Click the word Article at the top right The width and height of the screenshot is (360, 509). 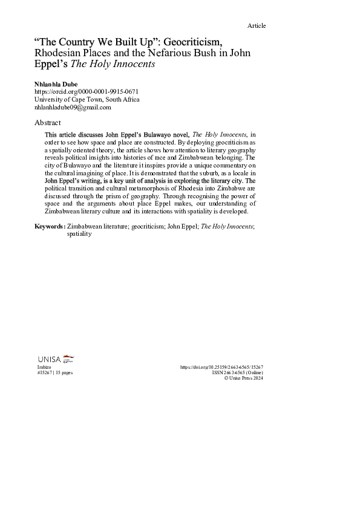point(257,25)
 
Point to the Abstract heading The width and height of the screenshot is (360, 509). point(48,122)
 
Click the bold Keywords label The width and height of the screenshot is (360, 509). point(50,225)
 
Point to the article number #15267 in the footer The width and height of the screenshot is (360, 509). point(45,373)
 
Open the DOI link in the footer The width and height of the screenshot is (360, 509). point(221,367)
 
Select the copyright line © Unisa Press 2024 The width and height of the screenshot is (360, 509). point(243,378)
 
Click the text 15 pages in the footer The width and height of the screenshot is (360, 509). point(64,373)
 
